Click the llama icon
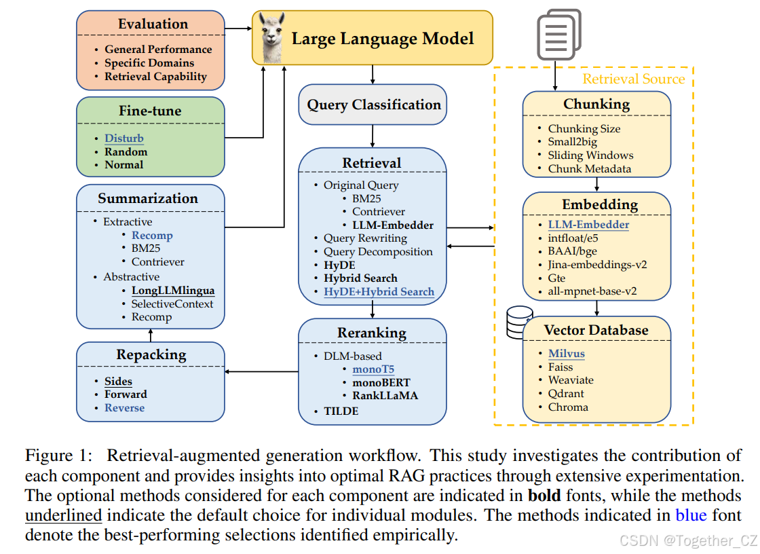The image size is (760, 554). [x=272, y=38]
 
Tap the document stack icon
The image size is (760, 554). [x=558, y=33]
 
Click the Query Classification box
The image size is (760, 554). [x=373, y=105]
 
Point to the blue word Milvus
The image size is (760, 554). [x=566, y=354]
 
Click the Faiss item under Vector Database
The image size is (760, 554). [x=560, y=367]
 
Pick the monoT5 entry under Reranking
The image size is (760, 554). [x=373, y=369]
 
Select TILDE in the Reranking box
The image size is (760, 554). [x=341, y=411]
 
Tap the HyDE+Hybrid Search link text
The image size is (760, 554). [x=379, y=292]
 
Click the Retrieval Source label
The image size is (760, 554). [x=634, y=79]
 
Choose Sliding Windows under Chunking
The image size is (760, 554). [x=590, y=155]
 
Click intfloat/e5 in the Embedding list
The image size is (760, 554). [x=573, y=238]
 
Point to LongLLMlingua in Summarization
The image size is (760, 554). [x=173, y=291]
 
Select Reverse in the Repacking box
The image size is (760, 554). [x=124, y=408]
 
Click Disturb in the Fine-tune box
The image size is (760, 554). [x=123, y=138]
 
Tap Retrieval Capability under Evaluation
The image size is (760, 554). [x=155, y=77]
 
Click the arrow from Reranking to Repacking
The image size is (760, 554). [x=261, y=371]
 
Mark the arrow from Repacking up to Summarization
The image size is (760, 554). [x=151, y=335]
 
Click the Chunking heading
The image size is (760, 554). [x=596, y=104]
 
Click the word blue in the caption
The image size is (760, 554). [x=691, y=515]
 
